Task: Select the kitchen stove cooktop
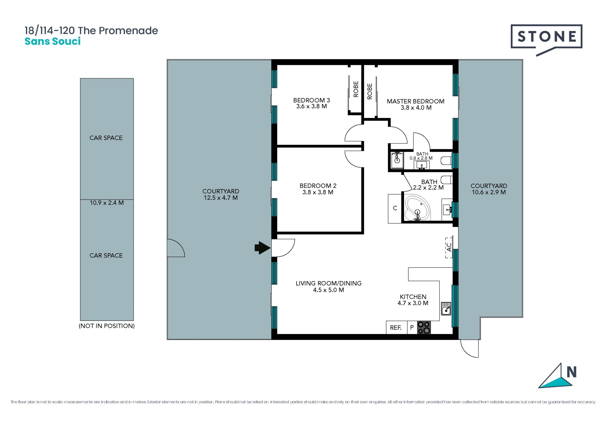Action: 424,328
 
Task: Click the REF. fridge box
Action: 396,328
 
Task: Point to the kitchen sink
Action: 446,309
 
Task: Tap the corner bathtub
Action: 418,208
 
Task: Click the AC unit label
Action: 449,247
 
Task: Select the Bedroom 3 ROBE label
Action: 356,89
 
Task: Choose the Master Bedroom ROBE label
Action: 370,91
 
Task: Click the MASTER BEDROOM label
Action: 416,101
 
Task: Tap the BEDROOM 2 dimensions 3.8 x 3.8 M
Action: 318,192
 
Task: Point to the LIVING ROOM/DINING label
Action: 328,283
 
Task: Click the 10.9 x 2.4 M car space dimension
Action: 107,203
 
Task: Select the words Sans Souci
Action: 53,41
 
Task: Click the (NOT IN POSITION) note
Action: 107,326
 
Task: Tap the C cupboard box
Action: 395,208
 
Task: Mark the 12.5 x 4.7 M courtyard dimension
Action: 221,198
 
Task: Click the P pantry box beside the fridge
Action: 412,328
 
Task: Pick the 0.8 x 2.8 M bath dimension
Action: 421,158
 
